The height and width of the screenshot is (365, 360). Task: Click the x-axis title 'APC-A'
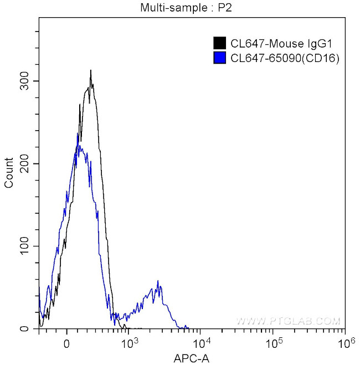click(192, 357)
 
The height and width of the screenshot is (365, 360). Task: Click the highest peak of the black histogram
click(90, 71)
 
